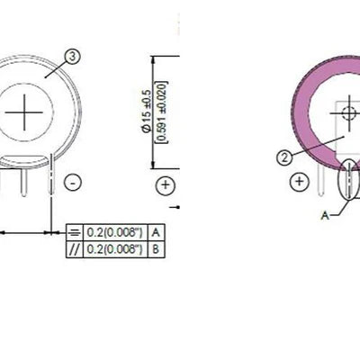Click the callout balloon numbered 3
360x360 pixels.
coord(73,56)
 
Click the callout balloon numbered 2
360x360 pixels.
coord(284,157)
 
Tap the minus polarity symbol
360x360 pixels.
coord(74,184)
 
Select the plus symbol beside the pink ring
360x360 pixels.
coord(301,182)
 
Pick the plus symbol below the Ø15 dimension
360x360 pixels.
coord(166,186)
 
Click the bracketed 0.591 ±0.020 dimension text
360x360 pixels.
coord(161,111)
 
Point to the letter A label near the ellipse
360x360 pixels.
coord(326,215)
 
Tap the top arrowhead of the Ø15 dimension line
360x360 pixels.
coord(153,60)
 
